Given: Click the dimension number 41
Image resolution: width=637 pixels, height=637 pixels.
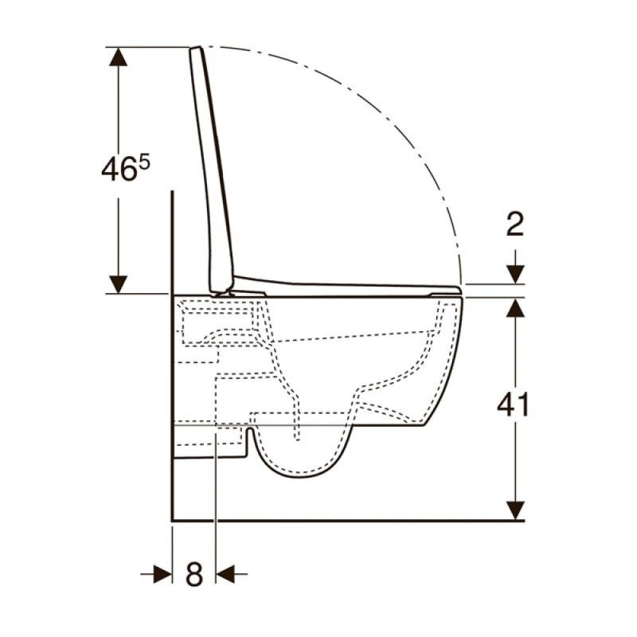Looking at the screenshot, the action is point(513,404).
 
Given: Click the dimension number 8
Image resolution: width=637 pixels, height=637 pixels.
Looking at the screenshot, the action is point(194,574).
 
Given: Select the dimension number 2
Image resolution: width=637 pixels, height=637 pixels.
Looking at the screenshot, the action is point(514,224).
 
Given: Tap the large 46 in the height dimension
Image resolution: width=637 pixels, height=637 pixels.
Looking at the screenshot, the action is point(118,170).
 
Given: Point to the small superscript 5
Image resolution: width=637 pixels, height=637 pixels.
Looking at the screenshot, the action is point(144,163).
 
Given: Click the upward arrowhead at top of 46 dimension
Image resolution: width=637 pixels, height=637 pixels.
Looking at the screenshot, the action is point(118,57).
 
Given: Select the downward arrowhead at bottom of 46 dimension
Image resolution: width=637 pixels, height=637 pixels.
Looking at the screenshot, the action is point(118,284).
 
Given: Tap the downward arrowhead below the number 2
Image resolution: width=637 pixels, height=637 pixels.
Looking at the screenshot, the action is point(515,275).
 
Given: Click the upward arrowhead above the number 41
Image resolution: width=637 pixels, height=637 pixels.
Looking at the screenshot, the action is point(515,307).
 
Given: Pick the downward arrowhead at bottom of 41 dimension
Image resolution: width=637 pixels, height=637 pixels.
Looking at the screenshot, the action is point(515,510).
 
